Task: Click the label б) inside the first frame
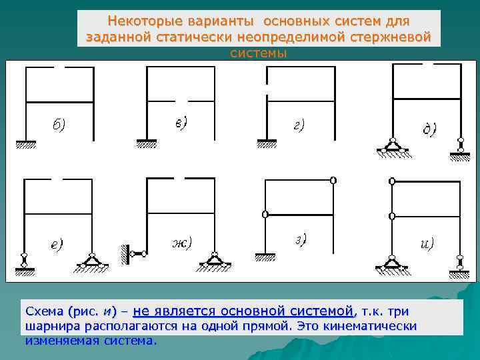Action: tap(59, 125)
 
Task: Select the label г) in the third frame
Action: tap(299, 124)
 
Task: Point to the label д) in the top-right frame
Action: tap(430, 129)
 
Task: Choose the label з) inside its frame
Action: tap(301, 239)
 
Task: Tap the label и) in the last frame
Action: tap(427, 243)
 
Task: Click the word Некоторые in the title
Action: tap(141, 22)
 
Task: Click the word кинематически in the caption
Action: tap(379, 326)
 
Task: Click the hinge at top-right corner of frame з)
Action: tap(332, 180)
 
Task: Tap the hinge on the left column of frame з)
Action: tap(265, 215)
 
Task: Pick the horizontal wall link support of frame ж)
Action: tap(134, 253)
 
